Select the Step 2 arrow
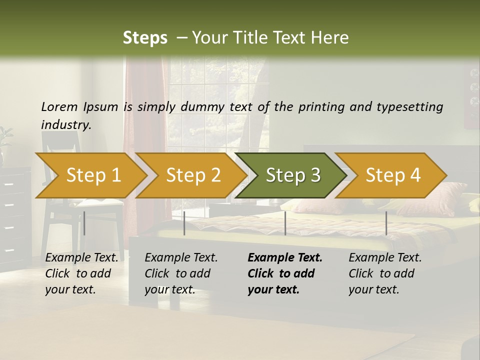(193, 175)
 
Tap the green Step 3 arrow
(293, 175)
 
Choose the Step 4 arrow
(393, 175)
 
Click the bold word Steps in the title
(145, 38)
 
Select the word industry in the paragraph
(65, 124)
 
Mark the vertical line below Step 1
(84, 223)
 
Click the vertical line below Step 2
(184, 223)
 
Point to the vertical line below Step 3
(285, 223)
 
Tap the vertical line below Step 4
(386, 223)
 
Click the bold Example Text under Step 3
(285, 258)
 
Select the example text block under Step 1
(81, 273)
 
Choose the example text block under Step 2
(181, 273)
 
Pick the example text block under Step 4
(385, 273)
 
